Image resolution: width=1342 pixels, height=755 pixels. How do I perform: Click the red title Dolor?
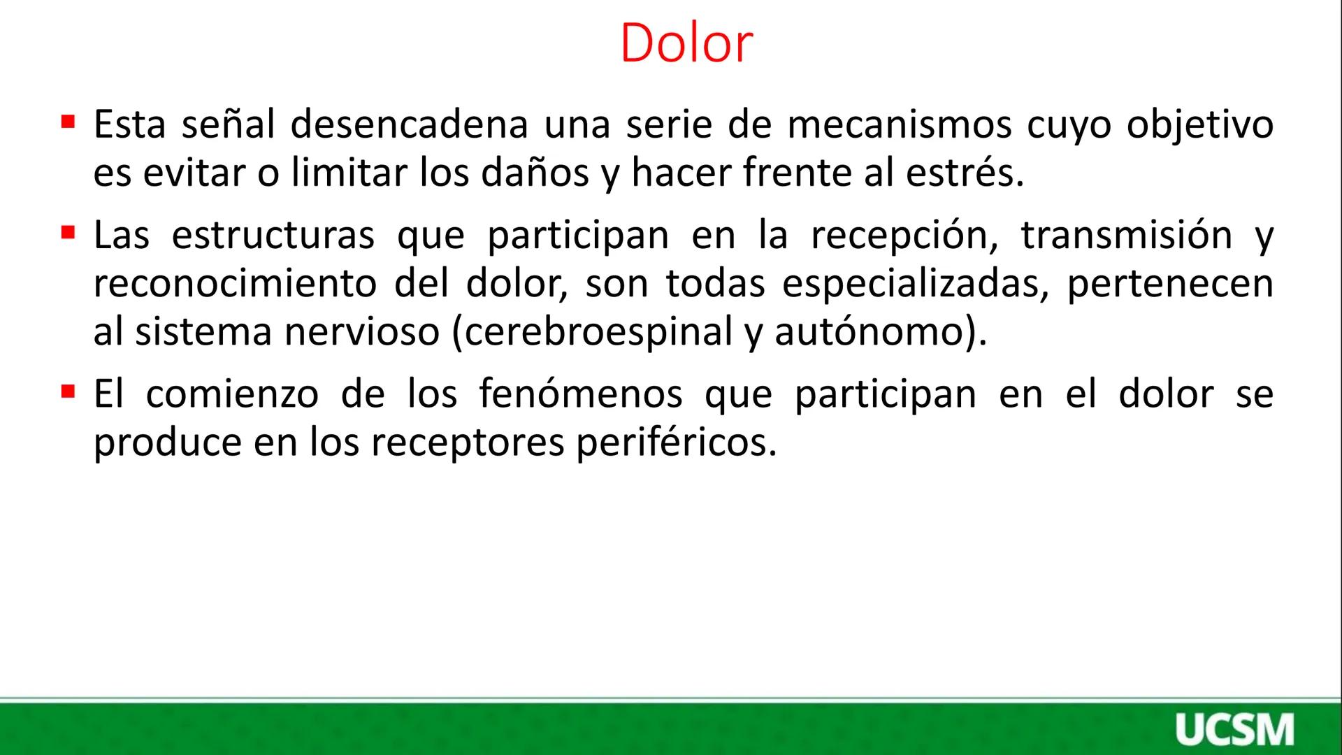(x=686, y=43)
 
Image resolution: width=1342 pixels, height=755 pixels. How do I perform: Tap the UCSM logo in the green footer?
(x=1234, y=730)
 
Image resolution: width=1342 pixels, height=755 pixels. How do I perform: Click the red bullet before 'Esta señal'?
(x=68, y=122)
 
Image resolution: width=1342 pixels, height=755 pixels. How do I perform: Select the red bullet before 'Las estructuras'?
(x=68, y=231)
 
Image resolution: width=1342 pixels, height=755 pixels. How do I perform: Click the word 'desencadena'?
(x=409, y=125)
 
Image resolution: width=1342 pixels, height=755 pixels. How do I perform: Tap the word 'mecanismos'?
(x=899, y=125)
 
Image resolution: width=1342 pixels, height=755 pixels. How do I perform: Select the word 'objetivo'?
(x=1199, y=127)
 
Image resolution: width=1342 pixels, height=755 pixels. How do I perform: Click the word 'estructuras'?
(x=273, y=235)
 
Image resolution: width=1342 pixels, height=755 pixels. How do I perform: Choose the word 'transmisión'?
(x=1126, y=235)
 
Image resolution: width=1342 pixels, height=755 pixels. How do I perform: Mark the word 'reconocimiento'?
(x=235, y=283)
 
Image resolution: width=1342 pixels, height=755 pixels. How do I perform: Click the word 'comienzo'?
(x=232, y=394)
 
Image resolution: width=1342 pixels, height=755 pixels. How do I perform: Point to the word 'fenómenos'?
(x=580, y=394)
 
